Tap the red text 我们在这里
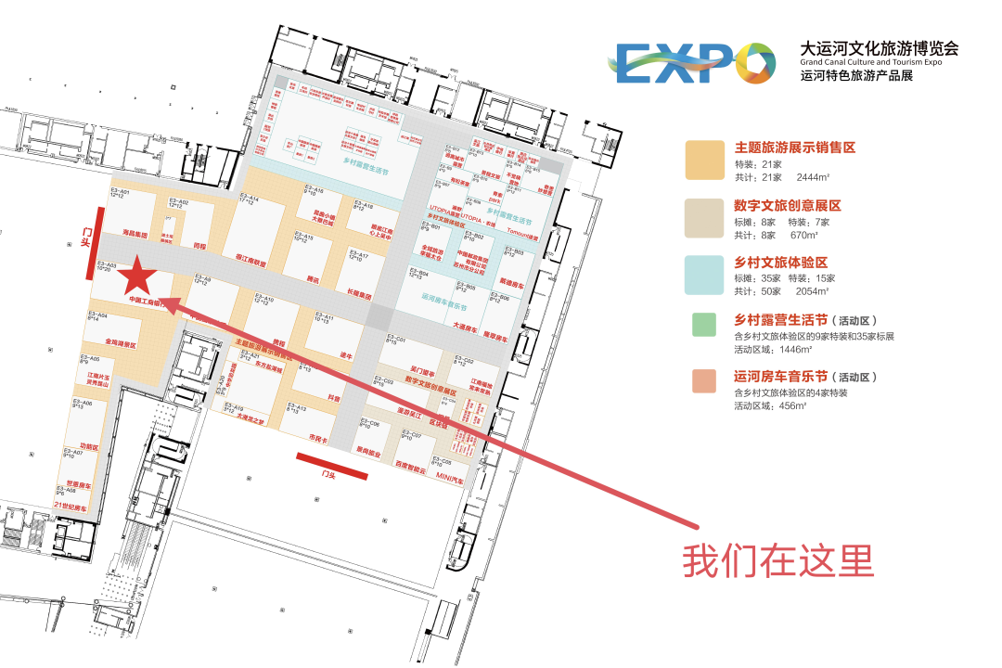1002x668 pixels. (x=778, y=560)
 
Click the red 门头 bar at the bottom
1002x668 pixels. (x=332, y=467)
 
